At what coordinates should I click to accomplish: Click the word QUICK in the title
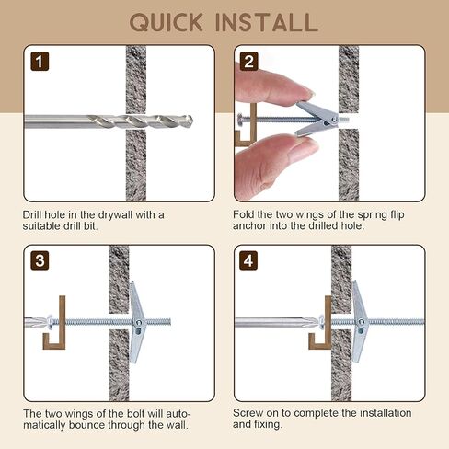166,22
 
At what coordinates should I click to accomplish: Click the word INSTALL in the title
267,22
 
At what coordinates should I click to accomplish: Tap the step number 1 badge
40,62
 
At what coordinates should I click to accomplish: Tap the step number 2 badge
248,62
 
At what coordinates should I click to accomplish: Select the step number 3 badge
40,260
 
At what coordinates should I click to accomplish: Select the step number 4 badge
248,260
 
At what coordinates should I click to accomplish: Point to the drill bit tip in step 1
190,120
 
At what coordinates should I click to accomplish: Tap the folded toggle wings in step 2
316,119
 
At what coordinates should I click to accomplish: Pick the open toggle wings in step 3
136,322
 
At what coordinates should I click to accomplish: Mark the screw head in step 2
239,118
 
